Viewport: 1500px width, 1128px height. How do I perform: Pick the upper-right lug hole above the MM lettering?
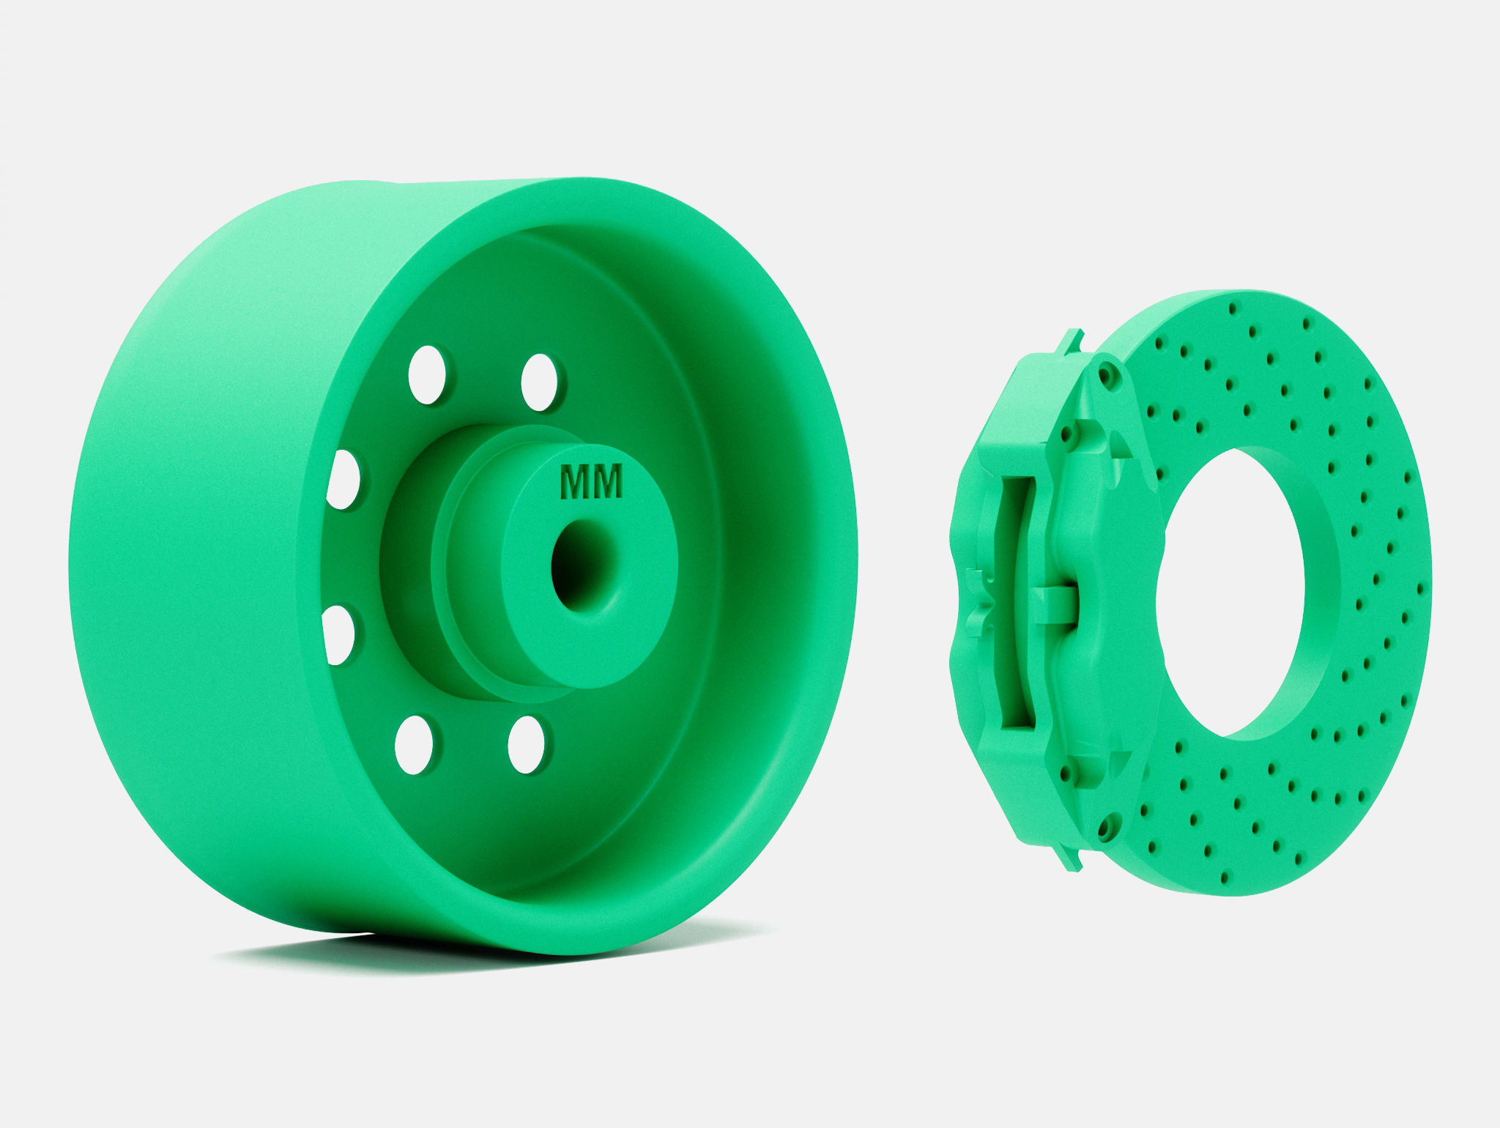tap(540, 382)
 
